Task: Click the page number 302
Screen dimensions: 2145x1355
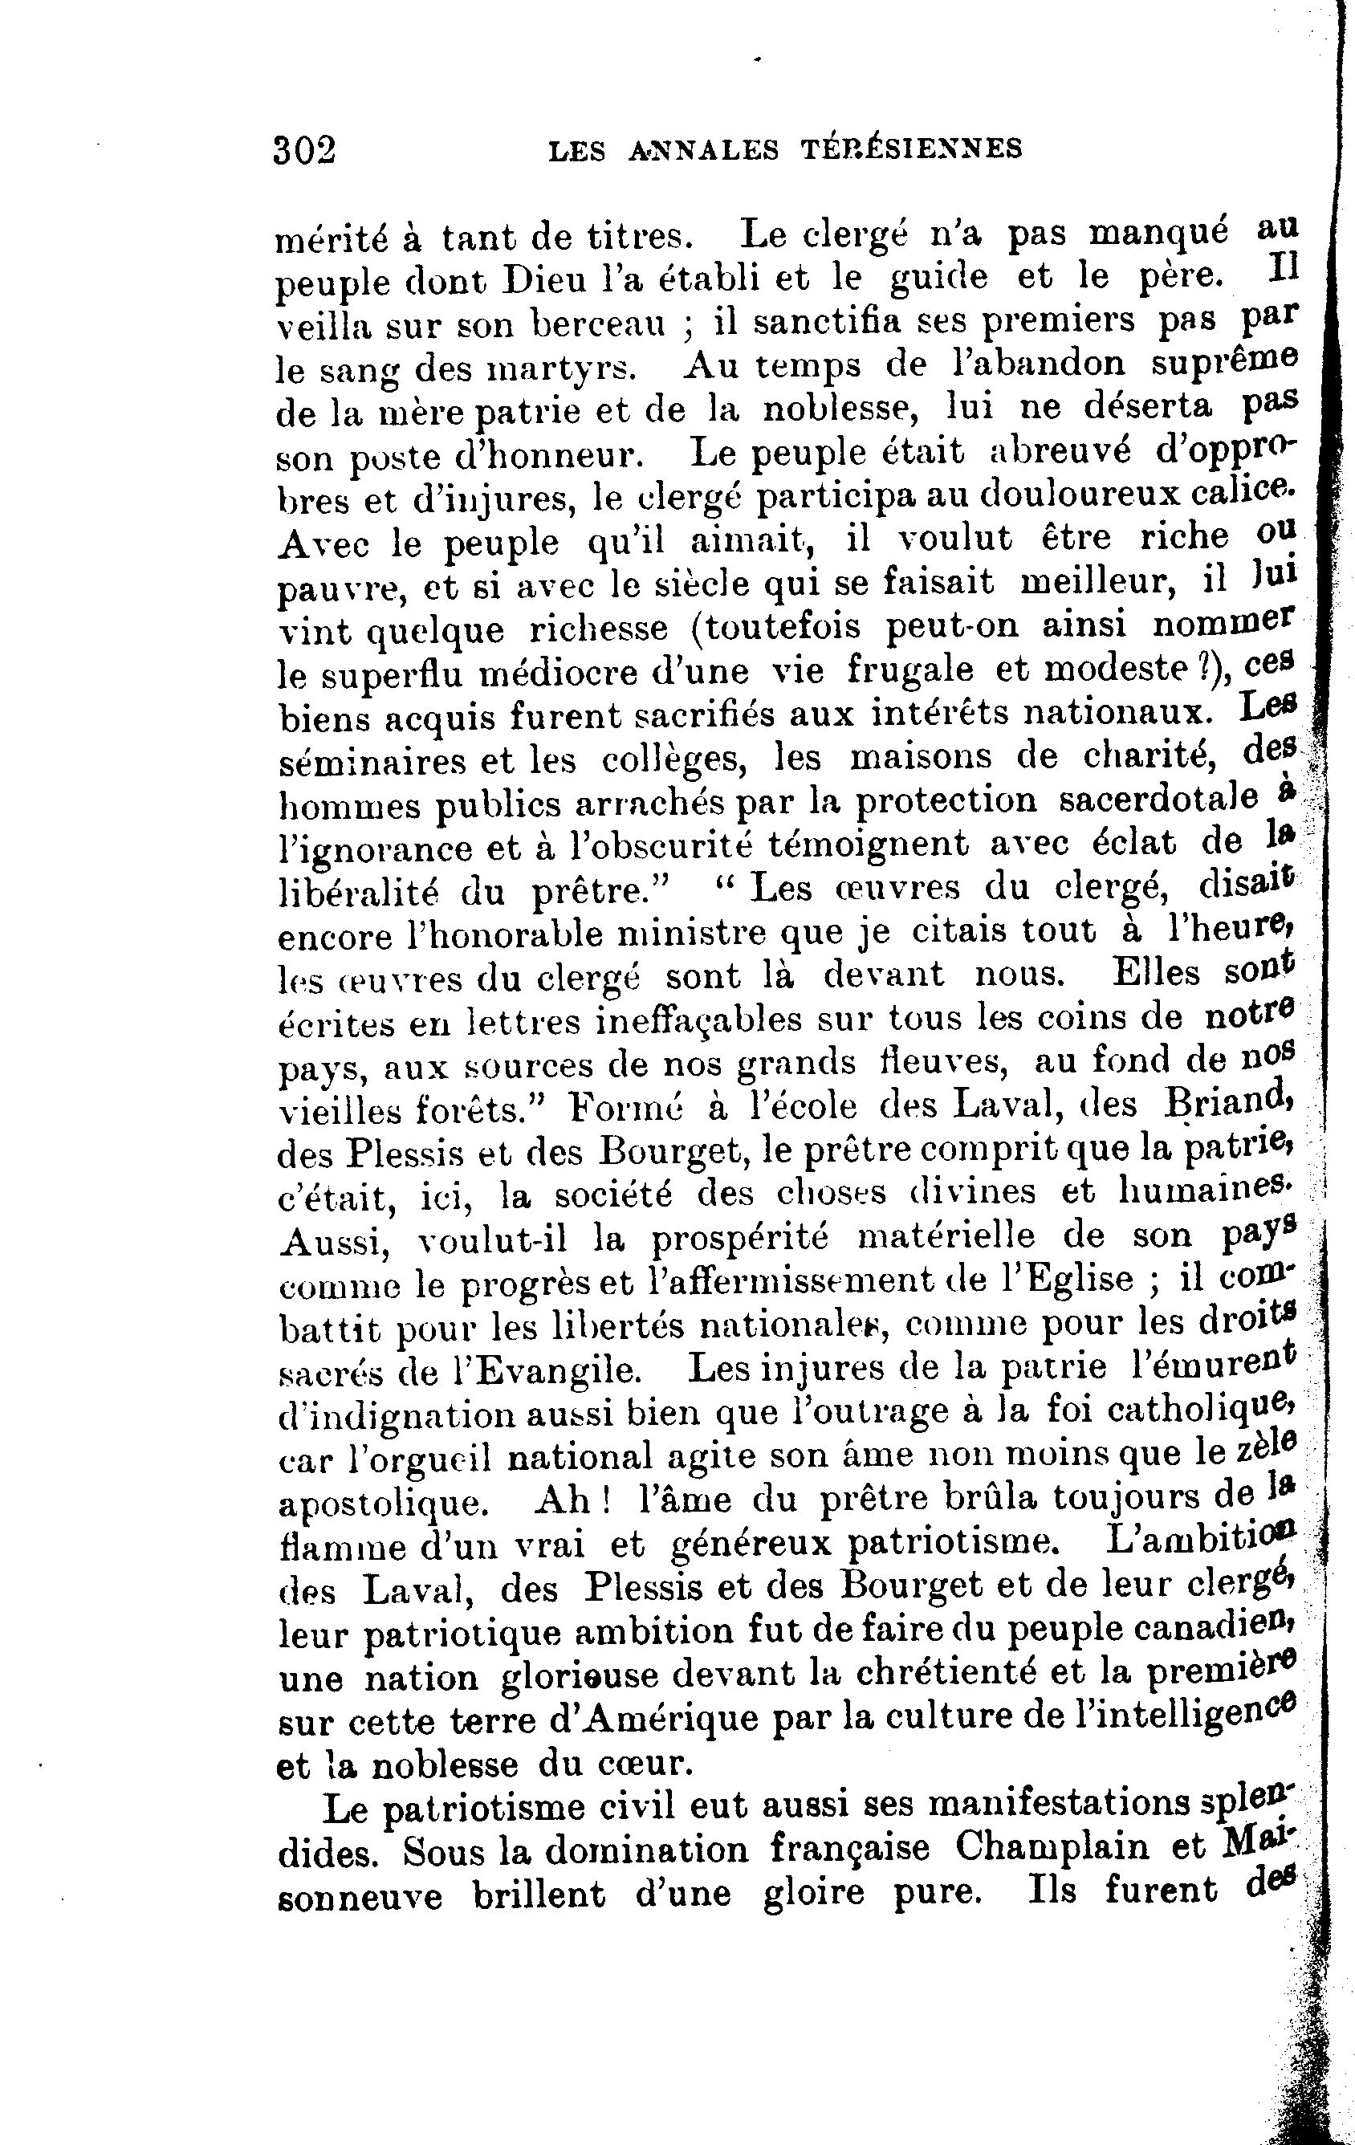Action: point(305,149)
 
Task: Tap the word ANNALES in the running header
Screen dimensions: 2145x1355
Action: point(703,149)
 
